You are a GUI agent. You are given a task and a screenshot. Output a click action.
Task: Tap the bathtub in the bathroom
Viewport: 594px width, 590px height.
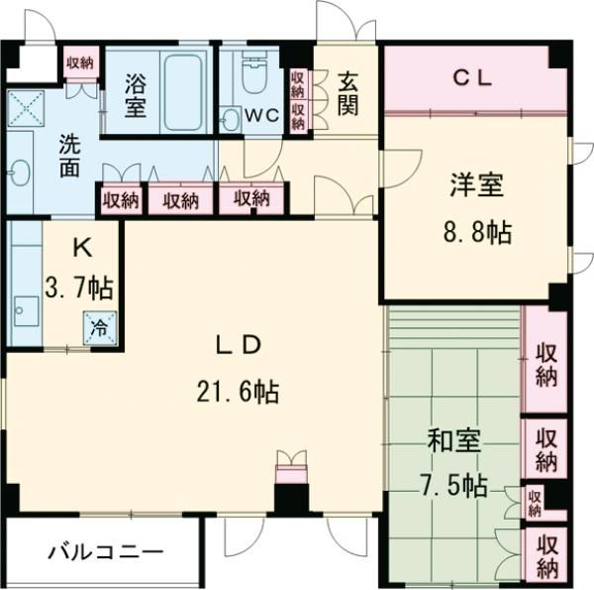pyautogui.click(x=184, y=92)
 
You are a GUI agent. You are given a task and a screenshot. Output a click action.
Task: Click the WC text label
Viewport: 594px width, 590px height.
pyautogui.click(x=261, y=115)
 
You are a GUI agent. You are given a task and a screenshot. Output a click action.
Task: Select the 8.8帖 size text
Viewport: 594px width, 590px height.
pyautogui.click(x=477, y=233)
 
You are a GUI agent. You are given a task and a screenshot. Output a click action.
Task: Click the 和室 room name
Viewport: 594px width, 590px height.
pyautogui.click(x=454, y=440)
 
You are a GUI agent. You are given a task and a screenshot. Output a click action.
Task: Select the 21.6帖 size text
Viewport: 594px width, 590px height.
pyautogui.click(x=239, y=392)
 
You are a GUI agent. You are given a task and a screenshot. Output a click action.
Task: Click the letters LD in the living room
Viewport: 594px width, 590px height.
pyautogui.click(x=239, y=345)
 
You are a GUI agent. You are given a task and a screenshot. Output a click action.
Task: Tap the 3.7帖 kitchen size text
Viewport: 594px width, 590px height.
pyautogui.click(x=78, y=289)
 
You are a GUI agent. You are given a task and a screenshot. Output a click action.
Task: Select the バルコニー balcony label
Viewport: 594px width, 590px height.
pyautogui.click(x=104, y=552)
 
